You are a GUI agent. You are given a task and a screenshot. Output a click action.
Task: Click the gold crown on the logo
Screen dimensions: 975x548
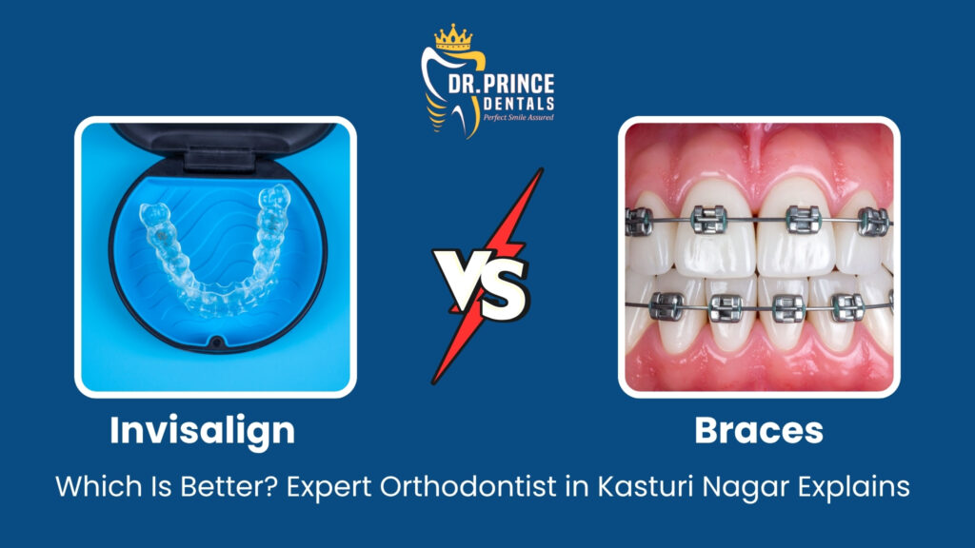click(x=453, y=37)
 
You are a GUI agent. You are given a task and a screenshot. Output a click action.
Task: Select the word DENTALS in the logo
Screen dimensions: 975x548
click(x=519, y=103)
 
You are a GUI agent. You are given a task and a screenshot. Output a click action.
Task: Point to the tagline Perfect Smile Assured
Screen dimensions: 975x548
click(x=519, y=117)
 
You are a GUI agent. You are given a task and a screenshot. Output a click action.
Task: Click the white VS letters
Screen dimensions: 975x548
click(x=481, y=281)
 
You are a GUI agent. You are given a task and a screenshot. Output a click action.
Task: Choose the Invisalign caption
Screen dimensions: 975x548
click(x=202, y=431)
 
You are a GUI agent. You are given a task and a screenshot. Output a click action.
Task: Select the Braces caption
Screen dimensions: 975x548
click(x=759, y=431)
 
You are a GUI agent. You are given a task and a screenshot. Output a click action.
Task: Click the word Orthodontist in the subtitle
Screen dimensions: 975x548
click(x=468, y=486)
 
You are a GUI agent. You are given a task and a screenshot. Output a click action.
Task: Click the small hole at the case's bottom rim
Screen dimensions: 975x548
click(x=216, y=342)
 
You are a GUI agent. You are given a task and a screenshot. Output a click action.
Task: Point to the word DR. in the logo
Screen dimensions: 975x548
click(x=463, y=85)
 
